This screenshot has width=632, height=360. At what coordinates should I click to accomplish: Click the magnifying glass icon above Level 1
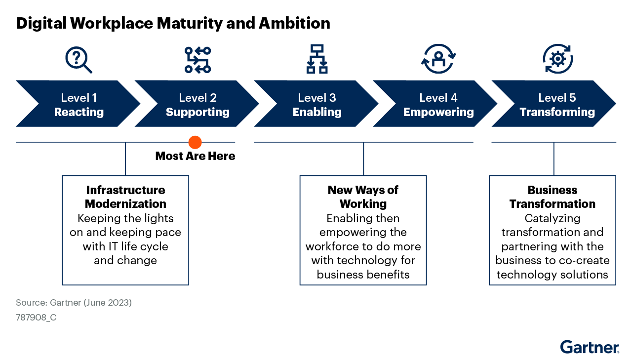[79, 60]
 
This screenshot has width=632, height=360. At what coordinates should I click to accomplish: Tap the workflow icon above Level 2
[197, 60]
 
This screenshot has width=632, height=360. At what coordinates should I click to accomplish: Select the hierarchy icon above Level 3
[317, 59]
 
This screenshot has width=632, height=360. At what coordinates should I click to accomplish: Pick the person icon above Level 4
[438, 59]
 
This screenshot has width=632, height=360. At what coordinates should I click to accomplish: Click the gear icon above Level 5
[557, 59]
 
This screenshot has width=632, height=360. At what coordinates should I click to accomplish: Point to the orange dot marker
[195, 142]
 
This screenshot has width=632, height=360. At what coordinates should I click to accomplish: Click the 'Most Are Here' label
[195, 157]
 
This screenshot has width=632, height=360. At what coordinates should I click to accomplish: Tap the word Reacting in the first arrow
[79, 112]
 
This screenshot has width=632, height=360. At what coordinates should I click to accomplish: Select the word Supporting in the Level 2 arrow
[197, 112]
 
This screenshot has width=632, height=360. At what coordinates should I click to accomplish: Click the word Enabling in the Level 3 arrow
[317, 112]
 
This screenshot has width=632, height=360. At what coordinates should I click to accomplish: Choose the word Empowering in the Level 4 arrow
[438, 112]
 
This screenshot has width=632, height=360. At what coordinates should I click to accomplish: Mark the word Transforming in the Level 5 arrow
[557, 112]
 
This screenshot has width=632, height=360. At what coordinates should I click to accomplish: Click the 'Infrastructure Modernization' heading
[125, 197]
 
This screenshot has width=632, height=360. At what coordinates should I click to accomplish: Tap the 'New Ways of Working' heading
[363, 197]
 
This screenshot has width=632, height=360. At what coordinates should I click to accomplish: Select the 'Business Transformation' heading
[553, 197]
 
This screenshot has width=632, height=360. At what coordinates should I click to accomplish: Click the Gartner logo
[590, 347]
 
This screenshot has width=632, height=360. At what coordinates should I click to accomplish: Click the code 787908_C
[36, 318]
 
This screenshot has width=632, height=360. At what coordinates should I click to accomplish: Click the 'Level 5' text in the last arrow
[557, 98]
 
